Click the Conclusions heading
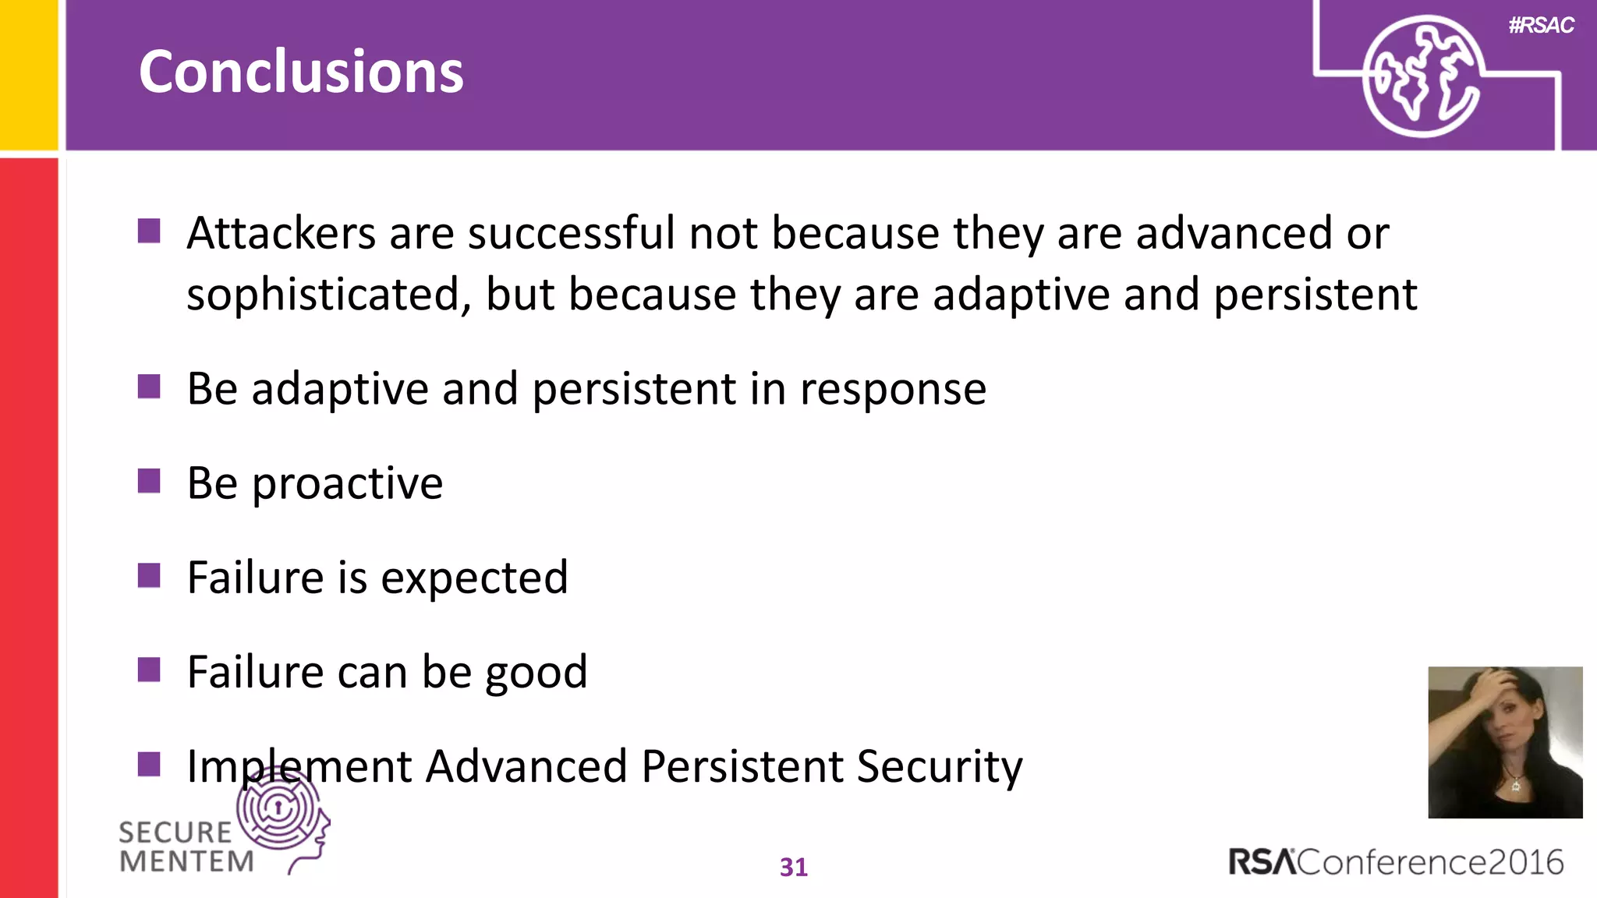pos(301,72)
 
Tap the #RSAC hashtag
pos(1541,26)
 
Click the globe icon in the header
pos(1422,76)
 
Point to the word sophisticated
pos(328,295)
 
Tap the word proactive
pos(348,483)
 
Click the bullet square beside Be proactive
pos(149,481)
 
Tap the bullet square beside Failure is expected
pos(149,575)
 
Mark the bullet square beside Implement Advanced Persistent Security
pos(149,764)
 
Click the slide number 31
pos(794,867)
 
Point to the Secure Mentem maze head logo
pos(283,815)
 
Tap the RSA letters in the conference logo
pos(1262,862)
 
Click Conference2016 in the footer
pos(1431,862)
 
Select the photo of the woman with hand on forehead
pos(1505,742)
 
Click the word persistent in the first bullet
pos(1315,295)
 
